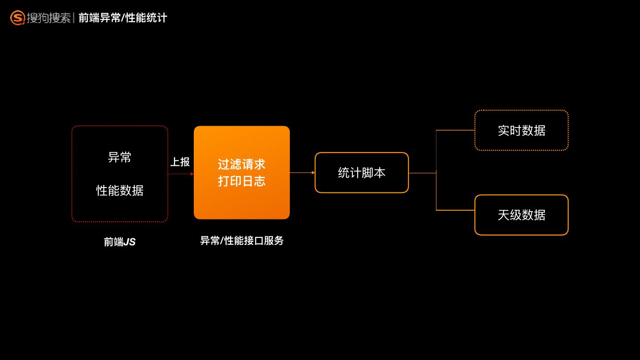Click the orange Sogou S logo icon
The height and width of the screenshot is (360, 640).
pyautogui.click(x=17, y=18)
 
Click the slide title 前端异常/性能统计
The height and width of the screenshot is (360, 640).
pyautogui.click(x=123, y=18)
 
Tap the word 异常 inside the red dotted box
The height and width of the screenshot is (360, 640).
pyautogui.click(x=120, y=157)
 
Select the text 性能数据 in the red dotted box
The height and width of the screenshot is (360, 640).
pyautogui.click(x=120, y=190)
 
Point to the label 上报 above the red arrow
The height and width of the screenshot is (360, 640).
pyautogui.click(x=180, y=162)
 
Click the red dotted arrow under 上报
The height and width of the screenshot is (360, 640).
pyautogui.click(x=180, y=174)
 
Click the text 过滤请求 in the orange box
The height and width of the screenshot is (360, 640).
pyautogui.click(x=241, y=164)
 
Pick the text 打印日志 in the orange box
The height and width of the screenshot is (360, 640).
pyautogui.click(x=241, y=181)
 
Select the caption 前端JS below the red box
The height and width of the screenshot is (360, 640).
pyautogui.click(x=120, y=242)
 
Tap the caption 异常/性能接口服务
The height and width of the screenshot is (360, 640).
pyautogui.click(x=242, y=240)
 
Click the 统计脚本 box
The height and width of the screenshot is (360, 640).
pyautogui.click(x=361, y=172)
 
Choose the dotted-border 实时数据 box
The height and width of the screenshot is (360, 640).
pyautogui.click(x=521, y=130)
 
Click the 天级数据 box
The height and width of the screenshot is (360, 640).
pyautogui.click(x=521, y=215)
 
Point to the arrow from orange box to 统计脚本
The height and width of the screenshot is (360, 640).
pyautogui.click(x=302, y=172)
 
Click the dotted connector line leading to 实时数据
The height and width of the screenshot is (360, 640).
pyautogui.click(x=455, y=130)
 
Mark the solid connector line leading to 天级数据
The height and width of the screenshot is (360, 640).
pyautogui.click(x=455, y=210)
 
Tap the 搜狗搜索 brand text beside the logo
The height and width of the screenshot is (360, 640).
pyautogui.click(x=48, y=18)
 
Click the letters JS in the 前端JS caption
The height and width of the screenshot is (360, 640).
pyautogui.click(x=129, y=242)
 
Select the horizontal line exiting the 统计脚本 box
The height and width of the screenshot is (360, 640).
pyautogui.click(x=422, y=173)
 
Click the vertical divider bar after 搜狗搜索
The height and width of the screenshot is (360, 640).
pyautogui.click(x=74, y=18)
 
